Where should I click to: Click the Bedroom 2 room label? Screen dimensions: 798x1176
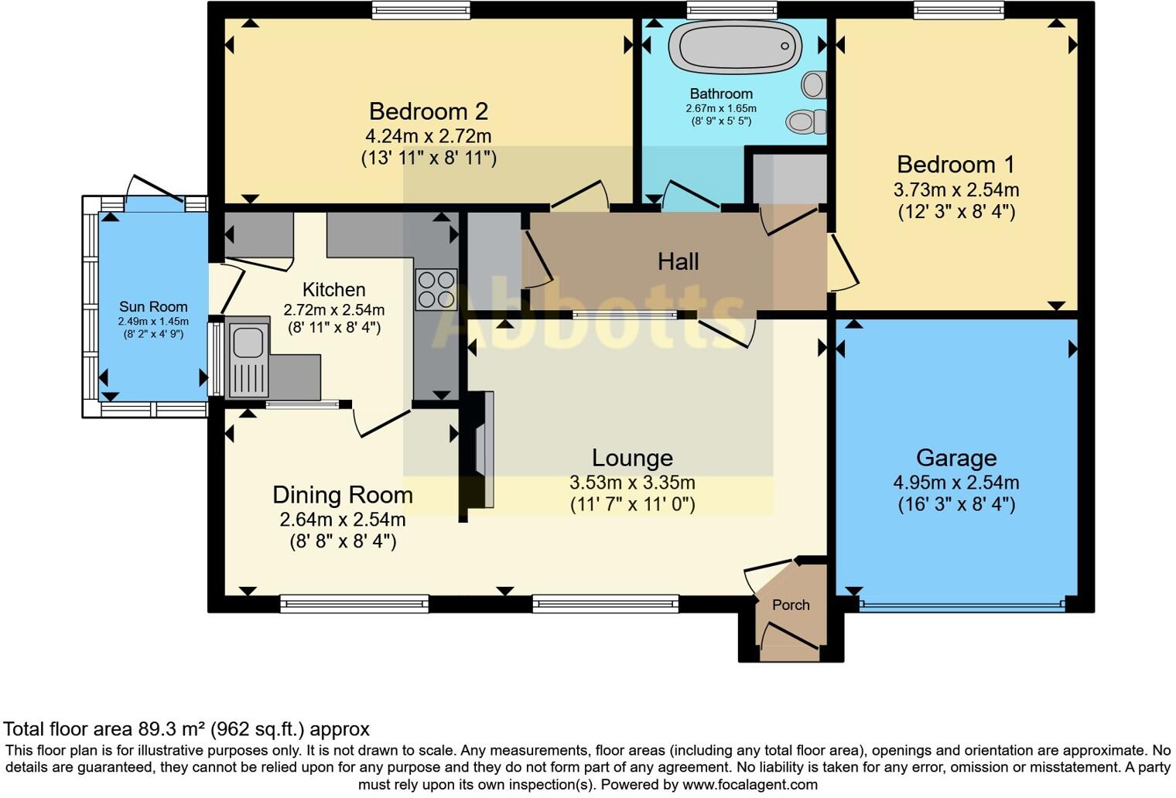pos(428,111)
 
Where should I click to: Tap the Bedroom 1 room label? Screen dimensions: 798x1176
pos(955,165)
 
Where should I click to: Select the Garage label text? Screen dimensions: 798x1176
pos(955,458)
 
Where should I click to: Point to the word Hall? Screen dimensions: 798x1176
pos(678,261)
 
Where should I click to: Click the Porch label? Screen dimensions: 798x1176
pos(791,605)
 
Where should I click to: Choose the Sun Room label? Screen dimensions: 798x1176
pos(153,307)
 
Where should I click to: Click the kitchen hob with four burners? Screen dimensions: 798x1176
pos(436,288)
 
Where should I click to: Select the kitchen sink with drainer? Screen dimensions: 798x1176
pos(248,360)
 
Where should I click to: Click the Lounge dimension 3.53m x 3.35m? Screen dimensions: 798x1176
pos(632,483)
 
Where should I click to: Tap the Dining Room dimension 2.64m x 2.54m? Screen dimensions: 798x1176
pos(343,519)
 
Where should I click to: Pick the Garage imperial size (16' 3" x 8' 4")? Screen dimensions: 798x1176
pos(955,505)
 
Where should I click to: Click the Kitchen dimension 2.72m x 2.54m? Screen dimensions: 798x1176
pos(333,310)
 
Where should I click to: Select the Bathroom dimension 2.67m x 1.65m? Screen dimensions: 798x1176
pos(721,108)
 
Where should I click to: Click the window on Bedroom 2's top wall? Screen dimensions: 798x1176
pos(420,9)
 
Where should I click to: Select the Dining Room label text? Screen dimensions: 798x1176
pos(343,495)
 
